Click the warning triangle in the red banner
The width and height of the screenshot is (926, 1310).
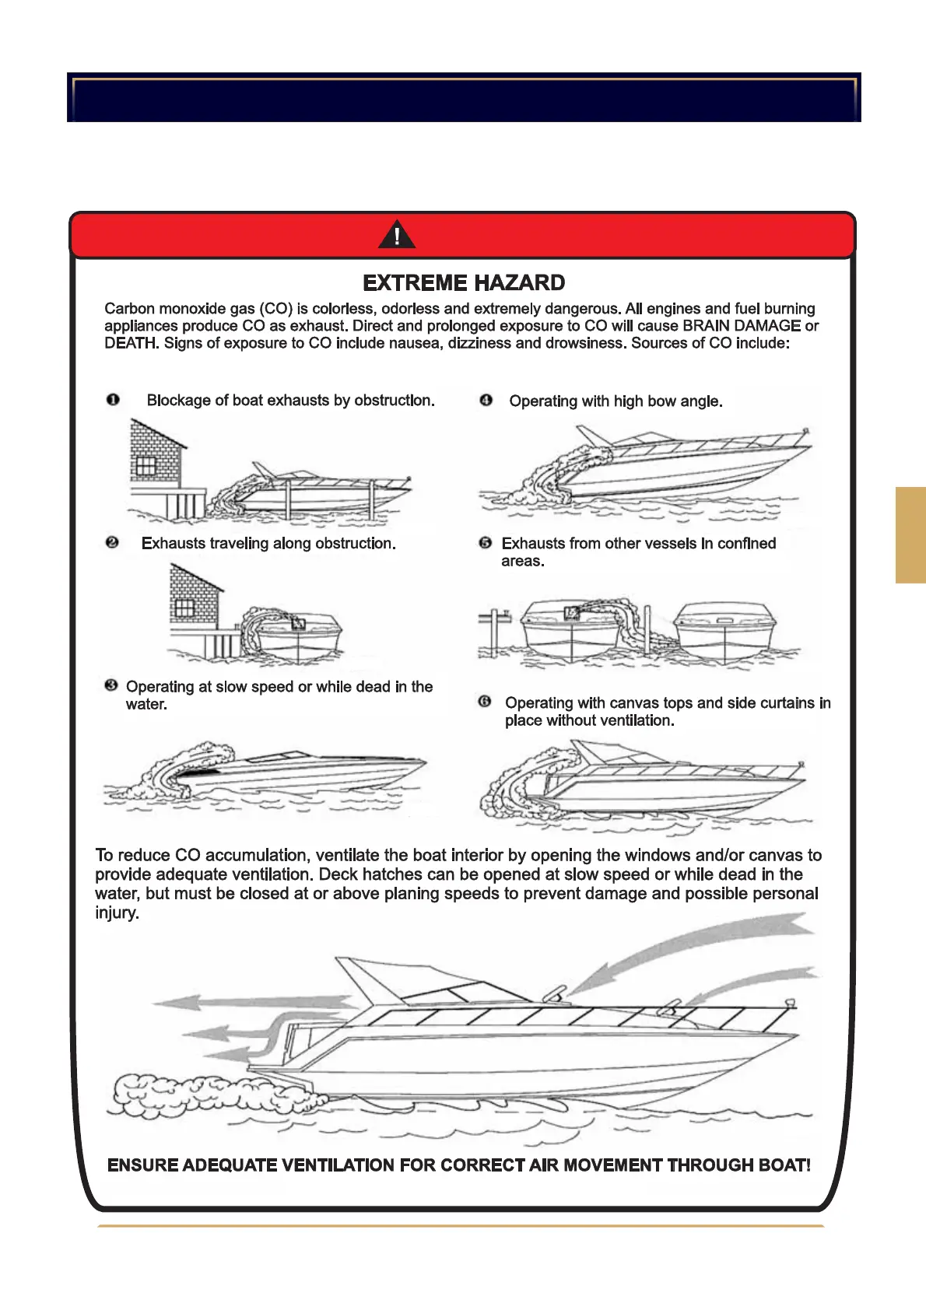point(397,234)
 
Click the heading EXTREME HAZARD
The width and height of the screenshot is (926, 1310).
point(464,282)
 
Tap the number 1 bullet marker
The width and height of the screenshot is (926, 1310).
point(113,400)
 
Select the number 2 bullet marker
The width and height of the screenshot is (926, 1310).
point(112,542)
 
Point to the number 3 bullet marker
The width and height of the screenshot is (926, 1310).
point(111,685)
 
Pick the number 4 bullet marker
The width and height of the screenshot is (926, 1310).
point(486,400)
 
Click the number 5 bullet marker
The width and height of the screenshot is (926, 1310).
point(486,542)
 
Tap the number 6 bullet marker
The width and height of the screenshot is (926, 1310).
point(485,702)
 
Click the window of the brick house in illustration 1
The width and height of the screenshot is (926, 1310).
point(146,466)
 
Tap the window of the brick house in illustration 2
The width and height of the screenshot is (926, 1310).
point(184,608)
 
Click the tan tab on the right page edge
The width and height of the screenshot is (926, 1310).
point(910,534)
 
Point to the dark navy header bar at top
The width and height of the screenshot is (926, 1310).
point(464,97)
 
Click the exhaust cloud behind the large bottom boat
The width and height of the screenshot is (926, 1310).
point(210,1095)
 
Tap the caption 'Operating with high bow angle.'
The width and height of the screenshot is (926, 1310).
point(616,401)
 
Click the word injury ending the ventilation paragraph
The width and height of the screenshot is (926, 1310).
point(117,913)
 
